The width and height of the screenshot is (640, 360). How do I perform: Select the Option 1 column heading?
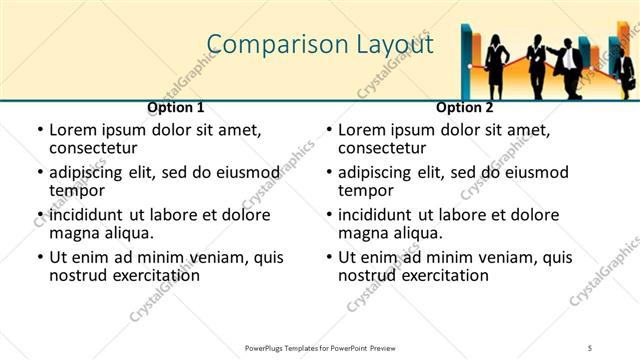(176, 107)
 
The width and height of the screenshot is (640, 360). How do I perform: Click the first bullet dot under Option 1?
(40, 130)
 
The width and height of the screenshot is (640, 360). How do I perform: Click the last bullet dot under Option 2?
(329, 258)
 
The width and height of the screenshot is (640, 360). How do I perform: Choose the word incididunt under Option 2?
(383, 215)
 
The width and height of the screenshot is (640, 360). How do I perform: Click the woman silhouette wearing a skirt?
(497, 65)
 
